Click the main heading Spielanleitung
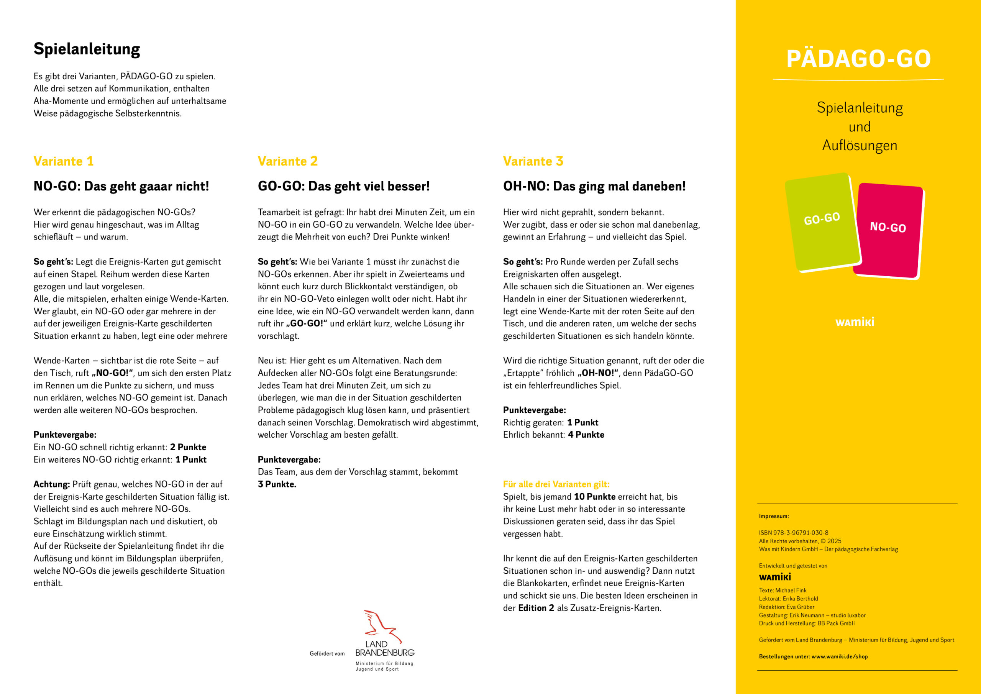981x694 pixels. [x=87, y=49]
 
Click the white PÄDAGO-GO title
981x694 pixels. [x=858, y=59]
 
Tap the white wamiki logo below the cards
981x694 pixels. [x=855, y=322]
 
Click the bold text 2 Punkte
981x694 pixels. [x=188, y=447]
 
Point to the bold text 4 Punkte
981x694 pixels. [x=586, y=435]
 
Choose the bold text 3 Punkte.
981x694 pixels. [x=277, y=484]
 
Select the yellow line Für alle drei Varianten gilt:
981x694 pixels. [x=556, y=484]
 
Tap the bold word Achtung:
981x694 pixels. [x=51, y=484]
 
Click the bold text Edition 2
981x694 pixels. [x=536, y=608]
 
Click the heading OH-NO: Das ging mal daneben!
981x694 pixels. [x=594, y=186]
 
